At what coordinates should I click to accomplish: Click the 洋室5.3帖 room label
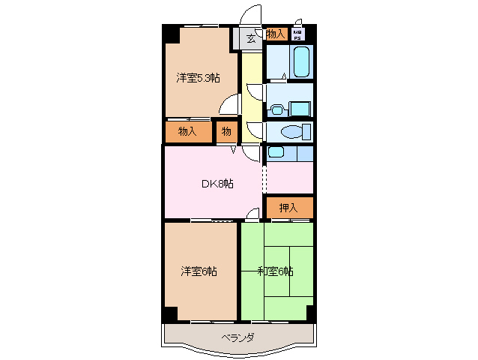198,77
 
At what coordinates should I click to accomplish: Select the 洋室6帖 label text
199,271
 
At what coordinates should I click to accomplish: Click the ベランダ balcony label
237,337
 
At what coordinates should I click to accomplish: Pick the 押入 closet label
288,208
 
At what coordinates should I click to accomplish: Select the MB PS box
298,34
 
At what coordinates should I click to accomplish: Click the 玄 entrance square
251,39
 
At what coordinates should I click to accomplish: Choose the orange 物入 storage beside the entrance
275,34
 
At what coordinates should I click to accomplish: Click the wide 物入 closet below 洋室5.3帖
187,131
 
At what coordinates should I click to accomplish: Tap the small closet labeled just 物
226,131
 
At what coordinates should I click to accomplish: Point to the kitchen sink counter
288,154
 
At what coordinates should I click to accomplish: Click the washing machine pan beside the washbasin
300,107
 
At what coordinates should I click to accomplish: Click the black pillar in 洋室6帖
171,313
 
